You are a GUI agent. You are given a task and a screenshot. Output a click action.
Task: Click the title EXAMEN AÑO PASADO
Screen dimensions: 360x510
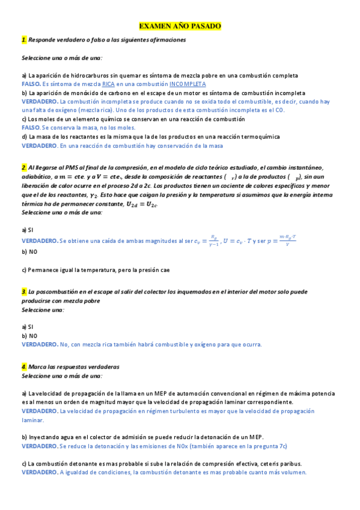[x=180, y=26]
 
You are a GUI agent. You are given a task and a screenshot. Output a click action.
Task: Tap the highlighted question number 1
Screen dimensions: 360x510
[x=23, y=39]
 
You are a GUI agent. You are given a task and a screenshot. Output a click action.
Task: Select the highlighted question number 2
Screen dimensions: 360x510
[x=23, y=167]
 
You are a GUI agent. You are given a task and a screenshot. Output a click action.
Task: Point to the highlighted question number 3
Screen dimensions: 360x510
[x=23, y=291]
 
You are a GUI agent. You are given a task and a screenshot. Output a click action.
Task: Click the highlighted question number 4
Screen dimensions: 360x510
[x=23, y=366]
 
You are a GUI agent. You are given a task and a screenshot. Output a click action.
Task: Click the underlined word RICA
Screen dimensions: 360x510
[x=108, y=84]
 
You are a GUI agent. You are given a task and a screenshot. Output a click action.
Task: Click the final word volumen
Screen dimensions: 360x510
[x=290, y=472]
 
